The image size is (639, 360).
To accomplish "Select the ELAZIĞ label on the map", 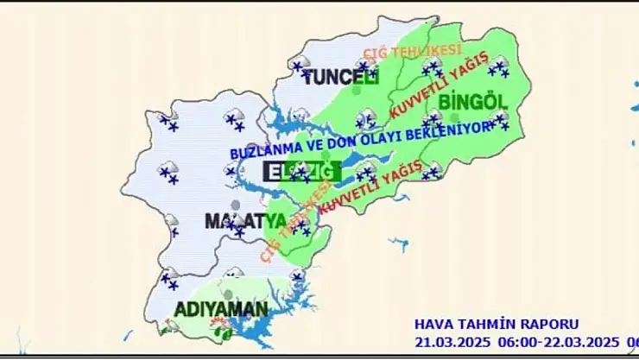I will (x=298, y=171).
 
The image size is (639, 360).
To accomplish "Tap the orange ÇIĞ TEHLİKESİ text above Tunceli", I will (x=412, y=54).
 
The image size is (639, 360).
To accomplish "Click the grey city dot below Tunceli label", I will (x=357, y=89).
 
